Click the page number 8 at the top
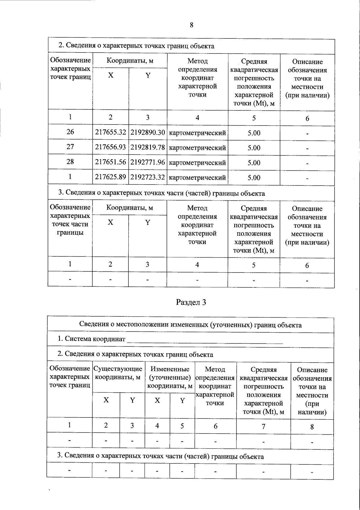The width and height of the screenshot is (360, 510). (191, 25)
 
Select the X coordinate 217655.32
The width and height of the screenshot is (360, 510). (110, 132)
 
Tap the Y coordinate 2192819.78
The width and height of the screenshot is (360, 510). (148, 147)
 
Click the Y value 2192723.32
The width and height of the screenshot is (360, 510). (148, 177)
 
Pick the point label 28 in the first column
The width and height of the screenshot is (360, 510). (70, 162)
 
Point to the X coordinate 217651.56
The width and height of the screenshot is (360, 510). (110, 162)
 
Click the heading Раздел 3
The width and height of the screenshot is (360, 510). (191, 302)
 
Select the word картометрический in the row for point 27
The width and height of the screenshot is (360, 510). (197, 148)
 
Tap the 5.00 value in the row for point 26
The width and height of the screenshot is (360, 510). (254, 133)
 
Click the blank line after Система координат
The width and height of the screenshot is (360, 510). (205, 340)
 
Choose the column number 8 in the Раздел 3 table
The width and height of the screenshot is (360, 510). (312, 427)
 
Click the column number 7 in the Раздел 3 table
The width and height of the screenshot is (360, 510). (263, 426)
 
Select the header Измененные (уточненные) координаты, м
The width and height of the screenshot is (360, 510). (170, 377)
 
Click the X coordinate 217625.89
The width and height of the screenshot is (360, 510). (110, 177)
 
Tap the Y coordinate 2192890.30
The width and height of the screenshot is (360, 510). (148, 132)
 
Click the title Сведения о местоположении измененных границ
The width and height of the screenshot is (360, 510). (190, 325)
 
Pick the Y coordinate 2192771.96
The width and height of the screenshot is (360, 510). (148, 162)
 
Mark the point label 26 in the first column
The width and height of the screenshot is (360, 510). (70, 132)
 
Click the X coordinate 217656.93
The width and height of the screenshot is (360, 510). (110, 147)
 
